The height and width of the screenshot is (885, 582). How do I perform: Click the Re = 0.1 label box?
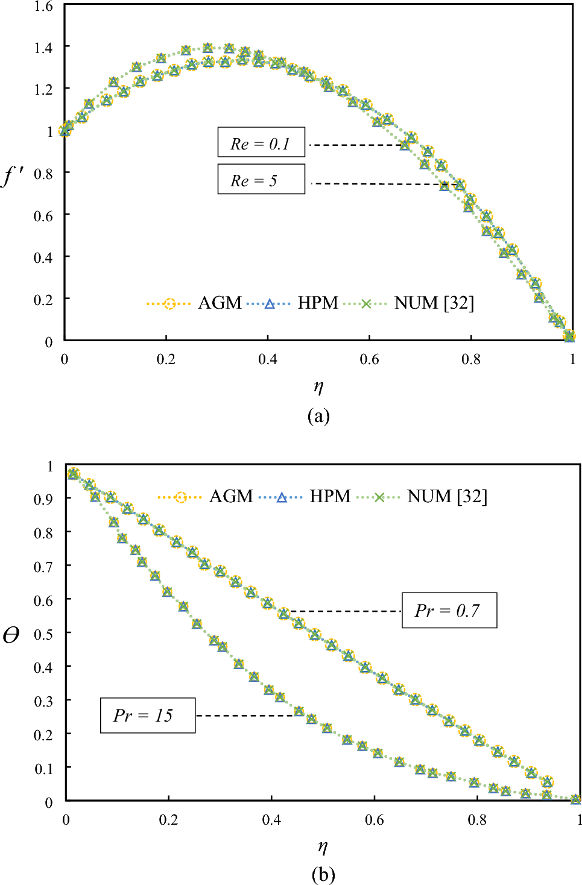coord(261,143)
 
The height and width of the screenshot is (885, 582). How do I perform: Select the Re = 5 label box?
coord(261,180)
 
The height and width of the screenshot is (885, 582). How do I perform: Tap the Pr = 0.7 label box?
coord(449,611)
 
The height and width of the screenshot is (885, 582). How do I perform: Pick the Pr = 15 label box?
coord(147,716)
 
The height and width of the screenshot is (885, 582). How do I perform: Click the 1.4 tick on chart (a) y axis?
coord(43,48)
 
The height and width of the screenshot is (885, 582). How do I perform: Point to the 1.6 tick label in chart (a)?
coord(43,7)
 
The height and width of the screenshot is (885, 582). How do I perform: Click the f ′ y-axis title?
coord(13,175)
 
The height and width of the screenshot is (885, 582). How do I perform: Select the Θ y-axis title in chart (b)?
coord(11,635)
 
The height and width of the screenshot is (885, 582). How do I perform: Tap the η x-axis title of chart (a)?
coord(318,386)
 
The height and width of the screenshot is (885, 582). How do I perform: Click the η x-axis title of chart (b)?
coord(323,846)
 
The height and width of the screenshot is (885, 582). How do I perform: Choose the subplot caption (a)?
coord(318,416)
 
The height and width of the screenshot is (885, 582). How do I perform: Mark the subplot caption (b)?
coord(323,875)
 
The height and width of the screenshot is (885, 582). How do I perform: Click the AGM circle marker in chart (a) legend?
coord(169,304)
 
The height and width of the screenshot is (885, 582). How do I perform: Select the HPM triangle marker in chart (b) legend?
coord(281,497)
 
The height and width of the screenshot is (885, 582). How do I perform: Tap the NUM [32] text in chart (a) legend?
coord(434,303)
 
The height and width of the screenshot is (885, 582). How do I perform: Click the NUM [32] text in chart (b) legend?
coord(447,497)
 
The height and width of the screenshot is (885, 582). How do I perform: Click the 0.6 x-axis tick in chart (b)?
coord(374,820)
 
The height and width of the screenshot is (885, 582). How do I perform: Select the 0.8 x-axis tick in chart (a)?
coord(471,359)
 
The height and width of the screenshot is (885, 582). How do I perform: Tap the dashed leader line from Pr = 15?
coord(247,716)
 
